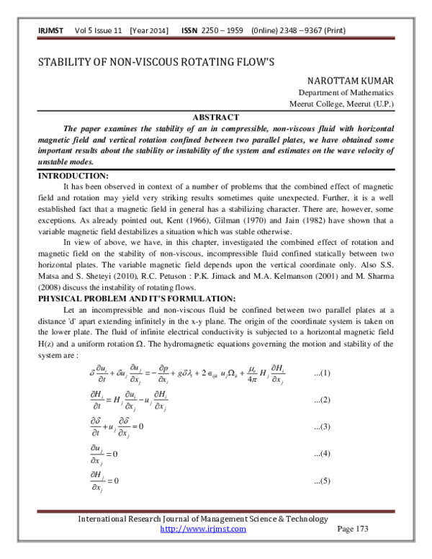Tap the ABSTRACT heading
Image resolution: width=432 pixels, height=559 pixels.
click(x=215, y=117)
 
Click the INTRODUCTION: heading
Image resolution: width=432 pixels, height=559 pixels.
click(x=73, y=176)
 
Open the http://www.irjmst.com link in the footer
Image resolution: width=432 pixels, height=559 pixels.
click(x=202, y=529)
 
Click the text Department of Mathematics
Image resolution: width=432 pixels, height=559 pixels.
click(x=346, y=93)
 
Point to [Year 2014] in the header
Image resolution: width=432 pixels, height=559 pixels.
click(x=149, y=30)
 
